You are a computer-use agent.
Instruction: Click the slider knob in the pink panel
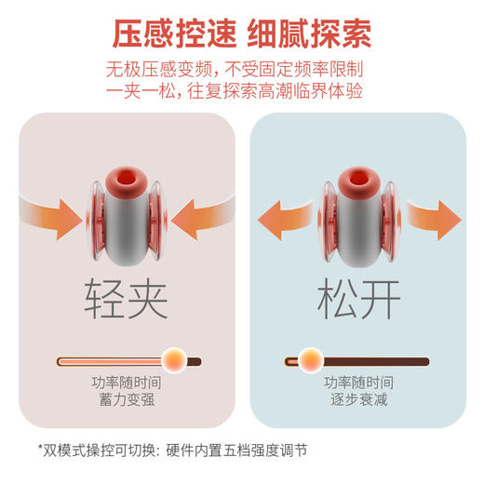click(172, 359)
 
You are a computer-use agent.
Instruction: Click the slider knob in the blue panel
click(311, 359)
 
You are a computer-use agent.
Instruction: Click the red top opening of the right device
click(359, 179)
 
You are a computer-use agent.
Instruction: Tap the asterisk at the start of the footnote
click(40, 450)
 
